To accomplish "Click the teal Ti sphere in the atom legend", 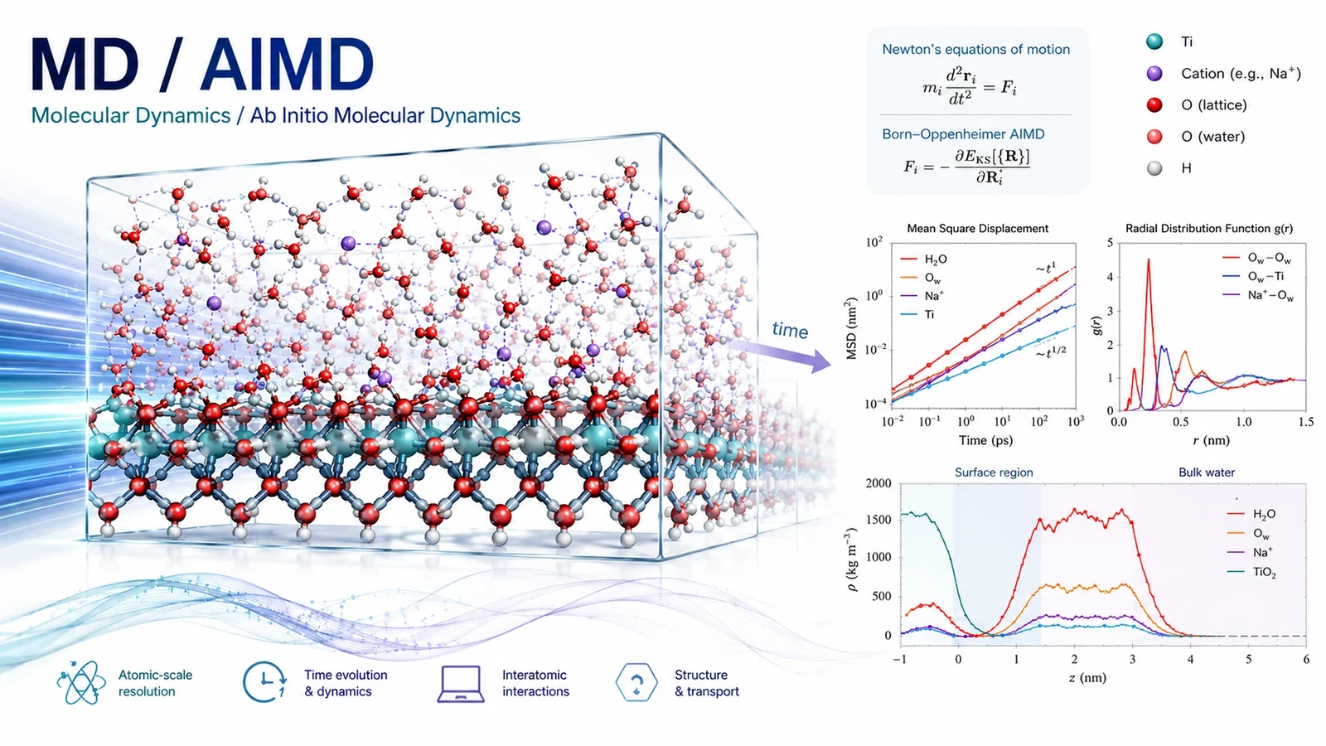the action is click(x=1154, y=41).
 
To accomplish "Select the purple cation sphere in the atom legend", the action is click(x=1154, y=74).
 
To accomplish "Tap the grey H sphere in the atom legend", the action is click(x=1154, y=168).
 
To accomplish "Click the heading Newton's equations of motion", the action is click(x=976, y=49).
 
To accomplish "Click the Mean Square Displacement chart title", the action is click(x=977, y=229).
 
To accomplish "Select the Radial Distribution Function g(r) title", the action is click(x=1209, y=229).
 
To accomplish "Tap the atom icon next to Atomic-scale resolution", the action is click(x=81, y=683).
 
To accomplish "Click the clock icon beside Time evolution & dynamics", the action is click(x=264, y=683).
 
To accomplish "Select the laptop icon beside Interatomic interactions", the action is click(x=461, y=684).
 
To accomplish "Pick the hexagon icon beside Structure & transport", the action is click(x=636, y=683).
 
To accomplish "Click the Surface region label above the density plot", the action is click(x=994, y=472).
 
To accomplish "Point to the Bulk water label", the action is click(x=1207, y=472).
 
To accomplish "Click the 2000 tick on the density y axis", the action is click(x=878, y=483).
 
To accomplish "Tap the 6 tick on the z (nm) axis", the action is click(x=1306, y=659).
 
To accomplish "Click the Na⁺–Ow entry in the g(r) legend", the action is click(x=1258, y=295).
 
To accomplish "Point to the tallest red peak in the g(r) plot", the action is click(x=1149, y=259).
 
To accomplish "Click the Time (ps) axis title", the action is click(x=985, y=440).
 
